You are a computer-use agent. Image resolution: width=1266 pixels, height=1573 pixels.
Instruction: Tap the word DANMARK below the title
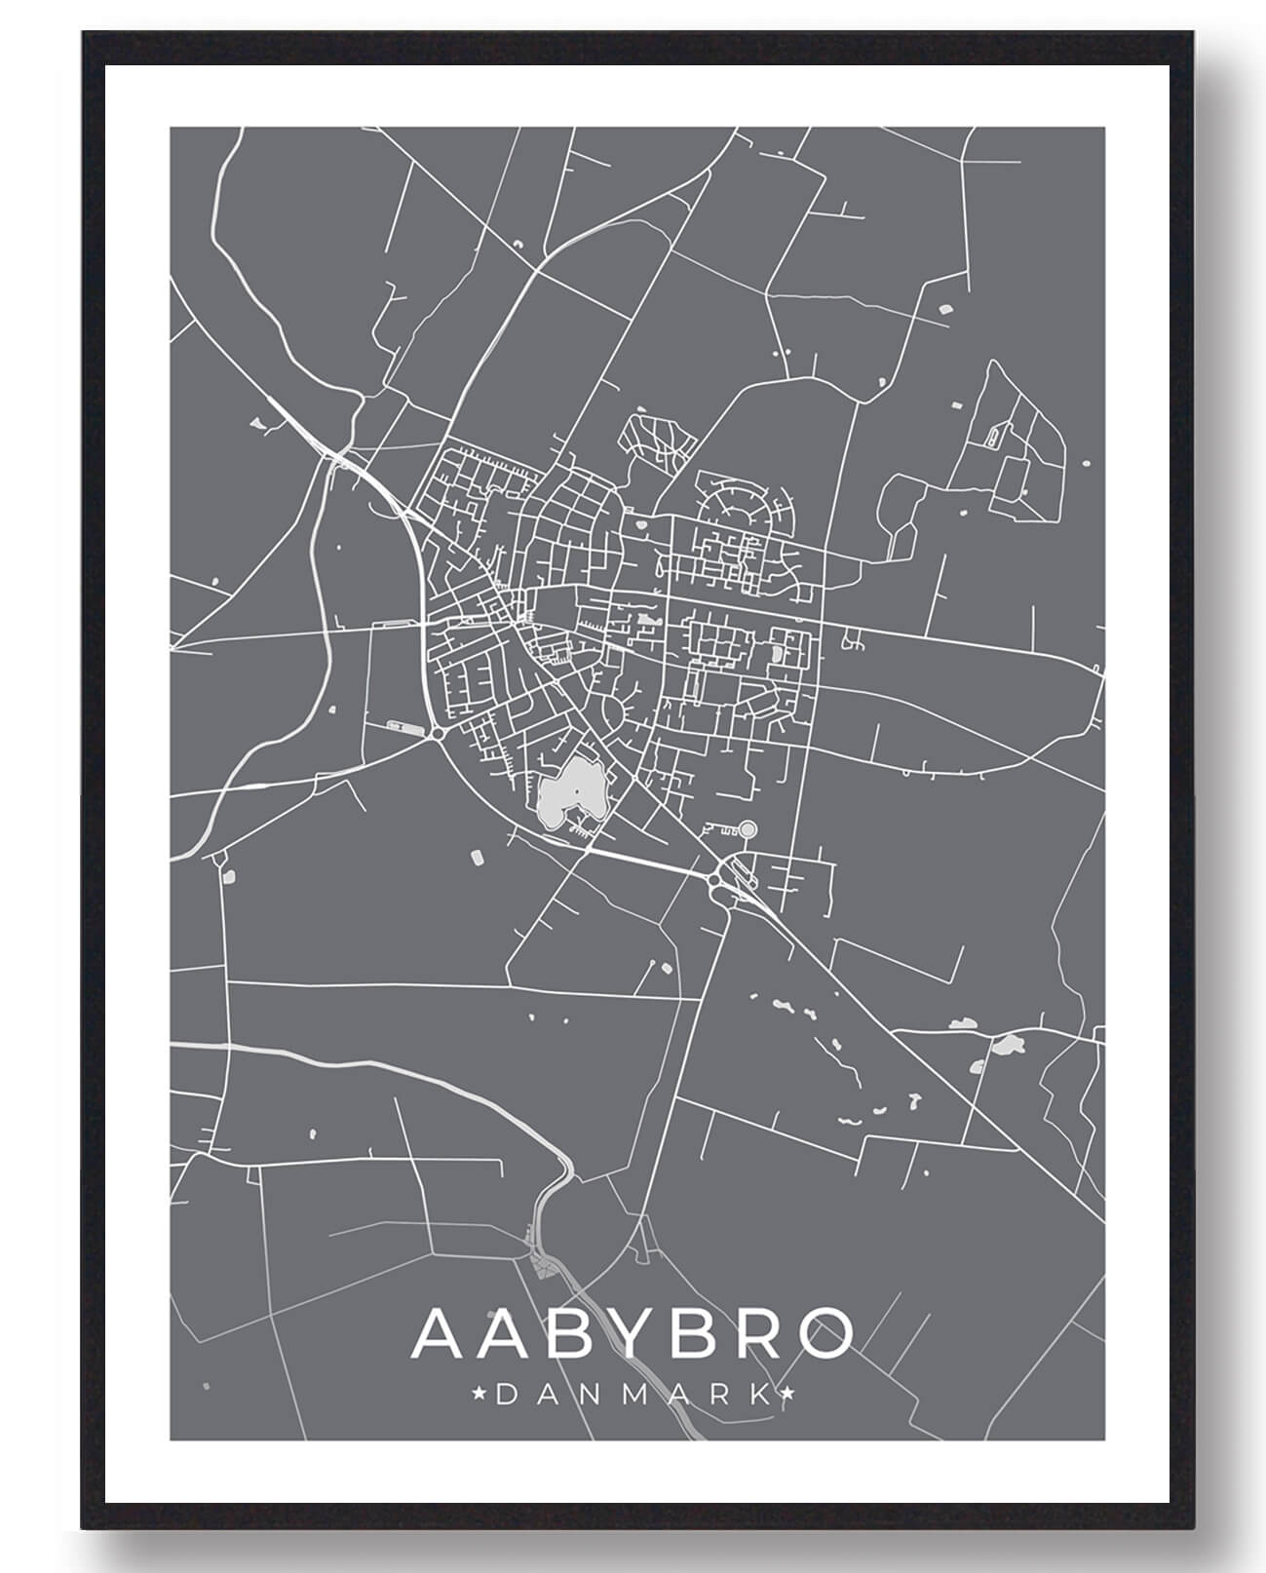click(632, 1395)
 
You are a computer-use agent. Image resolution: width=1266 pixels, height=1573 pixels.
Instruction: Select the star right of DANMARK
click(787, 1394)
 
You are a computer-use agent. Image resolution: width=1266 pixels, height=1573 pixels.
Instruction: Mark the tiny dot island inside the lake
click(576, 789)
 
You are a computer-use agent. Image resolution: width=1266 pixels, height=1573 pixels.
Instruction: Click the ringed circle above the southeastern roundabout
click(748, 829)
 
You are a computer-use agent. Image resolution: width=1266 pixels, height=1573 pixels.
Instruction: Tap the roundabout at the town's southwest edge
click(438, 732)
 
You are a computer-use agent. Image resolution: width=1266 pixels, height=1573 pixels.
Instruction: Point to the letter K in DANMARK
click(758, 1395)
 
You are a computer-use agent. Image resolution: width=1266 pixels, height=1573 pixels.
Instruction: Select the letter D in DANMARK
click(506, 1395)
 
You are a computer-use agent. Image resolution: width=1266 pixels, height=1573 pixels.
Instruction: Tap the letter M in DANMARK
click(633, 1395)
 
